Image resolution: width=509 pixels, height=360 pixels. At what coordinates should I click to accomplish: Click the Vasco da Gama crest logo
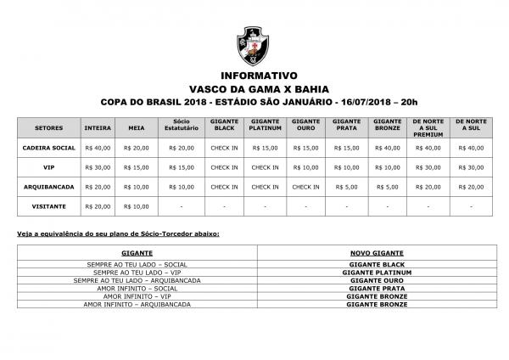[254, 45]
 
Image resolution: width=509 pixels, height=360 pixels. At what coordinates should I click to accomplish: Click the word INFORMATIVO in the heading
[254, 75]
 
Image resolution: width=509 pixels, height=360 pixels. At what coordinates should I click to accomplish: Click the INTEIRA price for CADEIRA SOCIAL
[98, 148]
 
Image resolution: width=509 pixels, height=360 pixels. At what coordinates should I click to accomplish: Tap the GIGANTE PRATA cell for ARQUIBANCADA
[347, 187]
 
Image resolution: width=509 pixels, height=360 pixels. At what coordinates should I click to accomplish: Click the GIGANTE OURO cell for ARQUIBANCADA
[305, 187]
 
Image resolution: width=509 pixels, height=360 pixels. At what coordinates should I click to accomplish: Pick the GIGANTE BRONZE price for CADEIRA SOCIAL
[387, 148]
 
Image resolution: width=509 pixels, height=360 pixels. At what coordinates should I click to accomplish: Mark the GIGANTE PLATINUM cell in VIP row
[265, 167]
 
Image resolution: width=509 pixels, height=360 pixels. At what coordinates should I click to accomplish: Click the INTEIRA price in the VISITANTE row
[98, 206]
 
